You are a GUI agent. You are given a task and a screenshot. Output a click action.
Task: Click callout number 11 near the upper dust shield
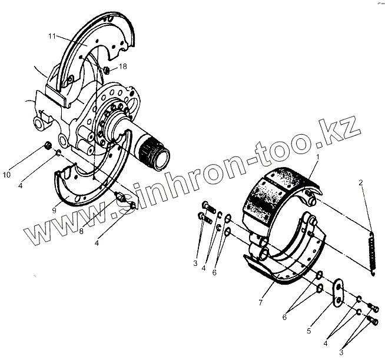coord(52,36)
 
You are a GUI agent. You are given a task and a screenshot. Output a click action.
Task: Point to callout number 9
coord(54,211)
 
